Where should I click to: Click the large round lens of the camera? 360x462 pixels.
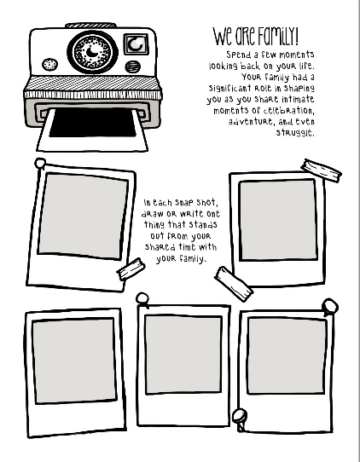pos(93,52)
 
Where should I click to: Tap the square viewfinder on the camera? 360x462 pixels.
pos(136,44)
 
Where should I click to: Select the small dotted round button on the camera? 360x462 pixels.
pos(49,65)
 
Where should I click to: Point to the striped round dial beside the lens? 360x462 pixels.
pos(133,66)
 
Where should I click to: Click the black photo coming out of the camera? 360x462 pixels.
pos(92,122)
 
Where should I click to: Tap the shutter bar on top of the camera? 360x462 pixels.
pos(90,26)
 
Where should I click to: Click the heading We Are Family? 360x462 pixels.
pos(255,37)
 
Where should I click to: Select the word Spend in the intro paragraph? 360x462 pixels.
pos(238,55)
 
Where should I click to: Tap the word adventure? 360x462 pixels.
pos(251,121)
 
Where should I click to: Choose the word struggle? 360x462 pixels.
pos(295,133)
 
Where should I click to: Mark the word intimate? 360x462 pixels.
pos(298,99)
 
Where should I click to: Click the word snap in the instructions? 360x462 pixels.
pos(184,203)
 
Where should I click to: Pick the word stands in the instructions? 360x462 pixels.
pos(203,224)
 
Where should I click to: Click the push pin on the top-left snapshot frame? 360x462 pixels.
pos(40,163)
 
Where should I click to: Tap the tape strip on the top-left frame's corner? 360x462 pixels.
pos(131,269)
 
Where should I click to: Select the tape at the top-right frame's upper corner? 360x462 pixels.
pos(321,170)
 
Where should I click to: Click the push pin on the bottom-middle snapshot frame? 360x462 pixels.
pos(142,299)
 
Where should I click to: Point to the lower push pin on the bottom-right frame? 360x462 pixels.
pos(240,419)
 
